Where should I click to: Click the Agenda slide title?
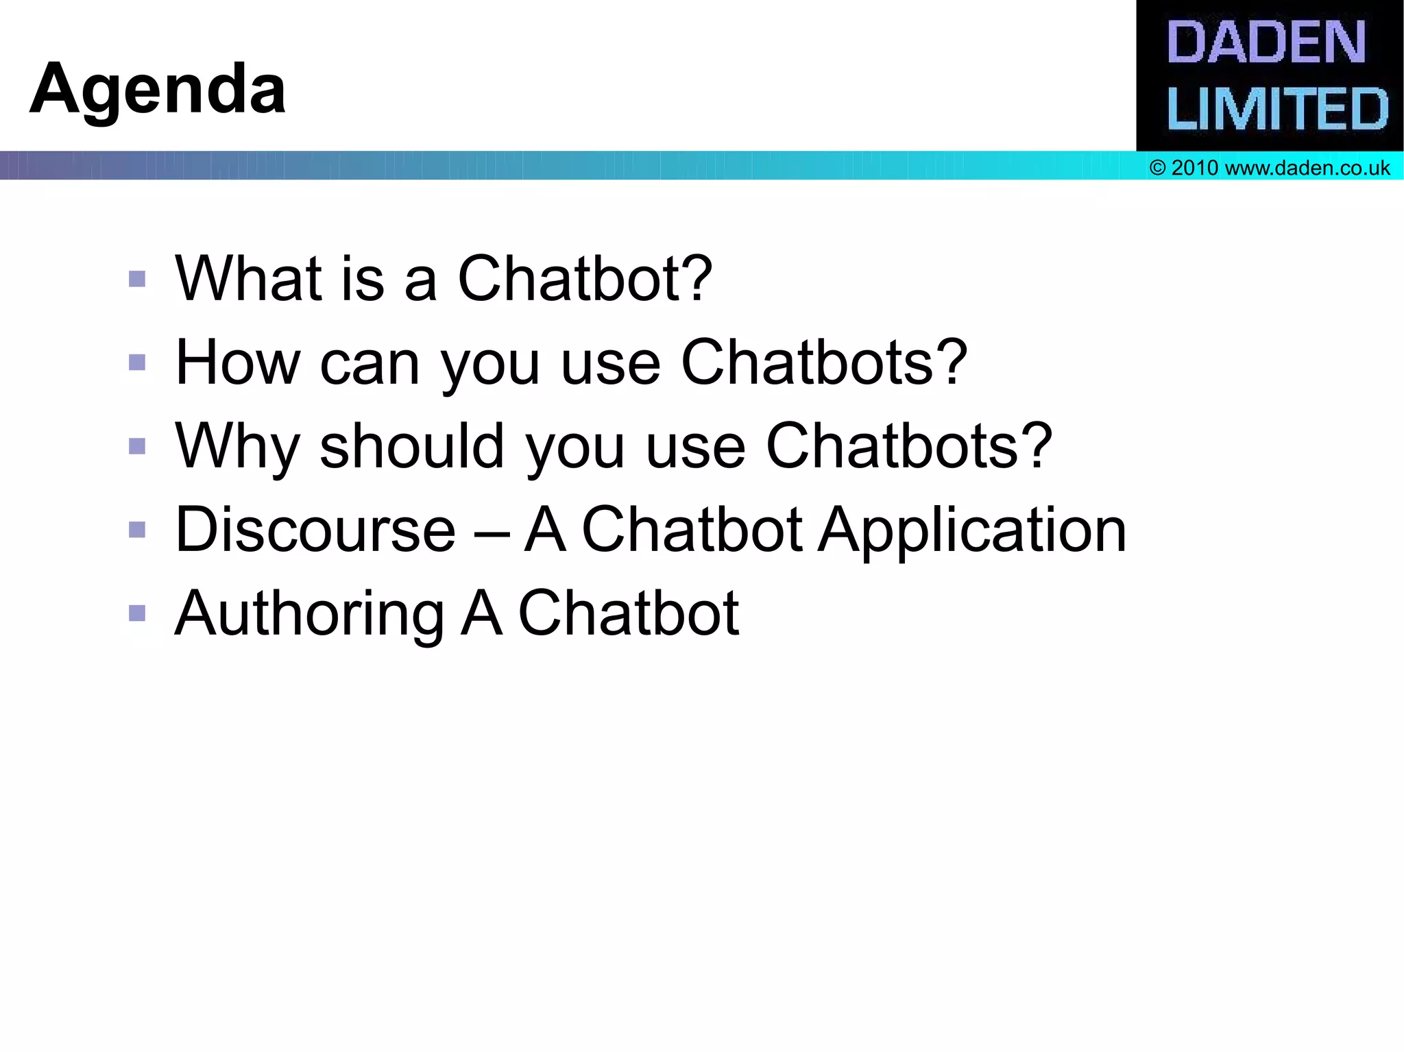point(158,89)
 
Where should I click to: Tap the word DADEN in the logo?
point(1266,42)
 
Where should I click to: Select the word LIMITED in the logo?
point(1276,109)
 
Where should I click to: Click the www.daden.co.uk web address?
point(1307,168)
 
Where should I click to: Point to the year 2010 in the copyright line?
point(1194,168)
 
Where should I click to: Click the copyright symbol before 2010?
point(1158,168)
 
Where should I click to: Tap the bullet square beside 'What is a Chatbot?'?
point(137,278)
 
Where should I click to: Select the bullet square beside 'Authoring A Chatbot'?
point(137,613)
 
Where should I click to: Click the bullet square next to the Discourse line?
point(137,530)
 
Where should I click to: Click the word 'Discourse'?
point(315,530)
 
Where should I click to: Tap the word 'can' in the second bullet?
point(370,364)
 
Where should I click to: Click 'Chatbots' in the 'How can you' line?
point(808,363)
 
